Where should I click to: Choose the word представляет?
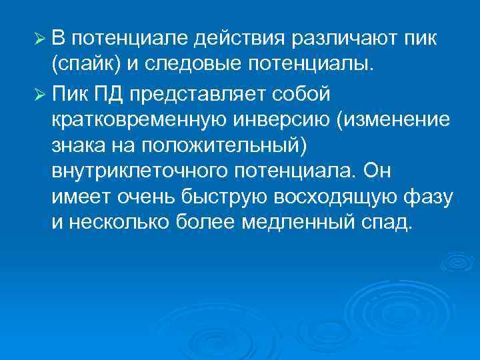(199, 95)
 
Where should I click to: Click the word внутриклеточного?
(139, 171)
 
